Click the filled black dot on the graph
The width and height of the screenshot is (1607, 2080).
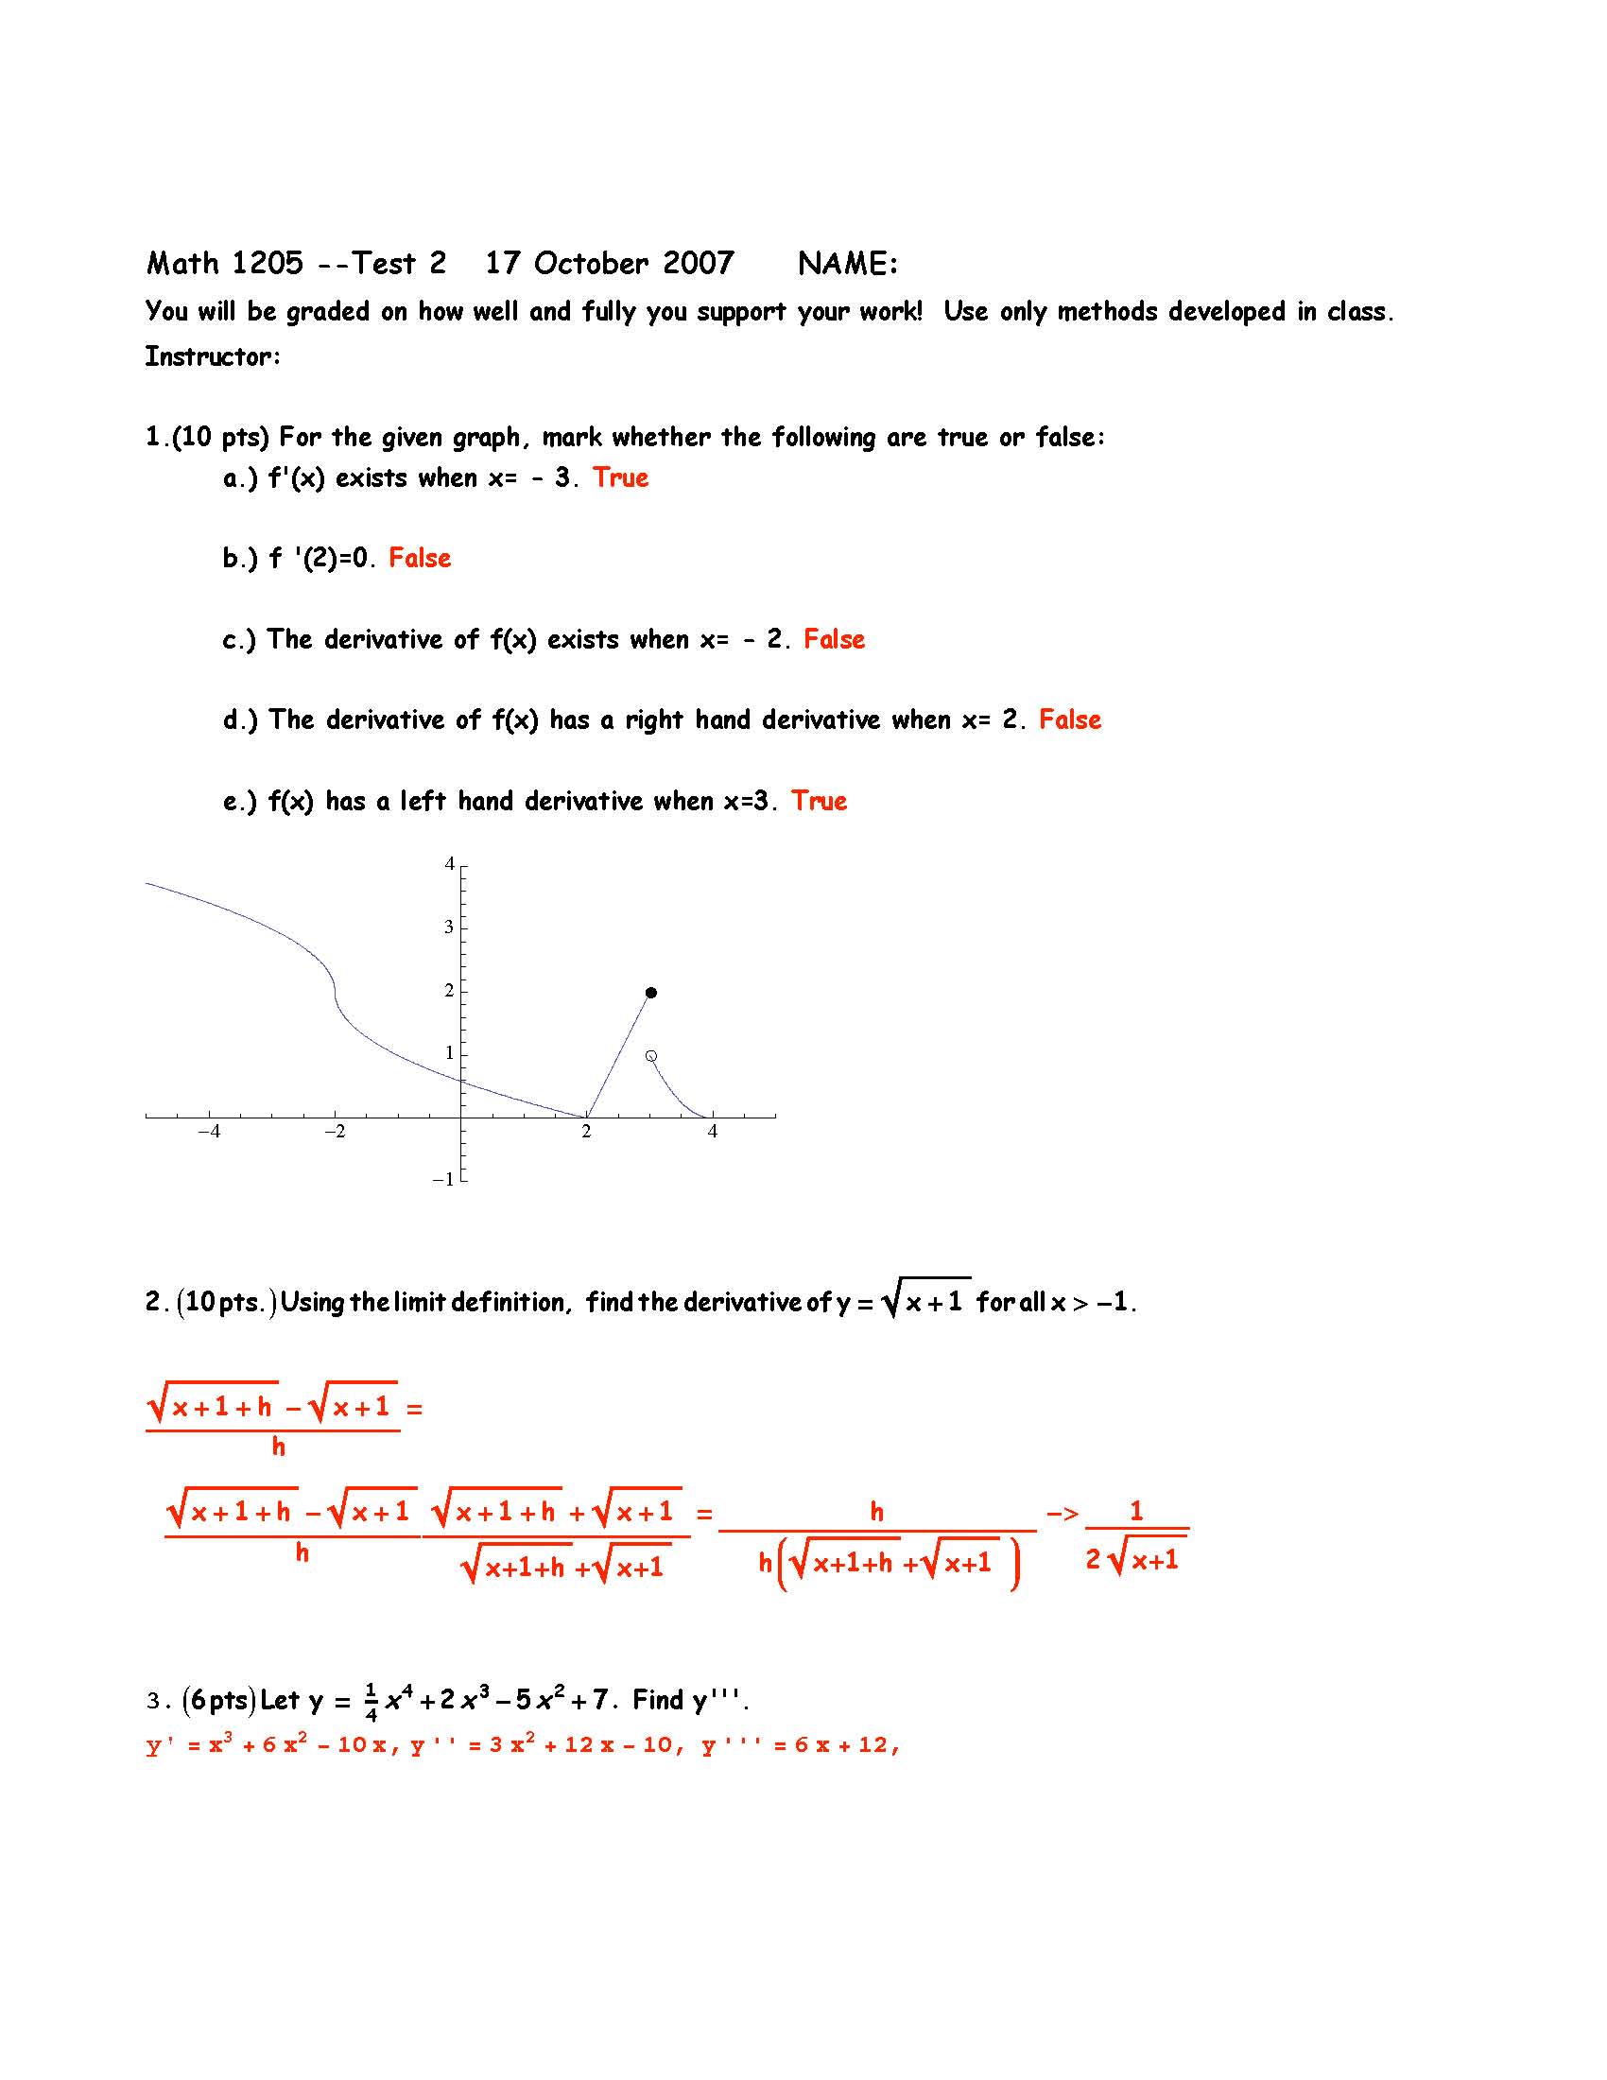(651, 993)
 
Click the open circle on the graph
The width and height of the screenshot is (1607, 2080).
(651, 1056)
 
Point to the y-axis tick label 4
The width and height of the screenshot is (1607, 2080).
(449, 864)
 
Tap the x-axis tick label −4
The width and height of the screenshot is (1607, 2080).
(209, 1133)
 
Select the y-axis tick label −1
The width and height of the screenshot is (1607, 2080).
(442, 1180)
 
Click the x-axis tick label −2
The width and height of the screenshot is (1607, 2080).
(334, 1133)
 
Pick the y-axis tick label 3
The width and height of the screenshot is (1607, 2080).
(449, 927)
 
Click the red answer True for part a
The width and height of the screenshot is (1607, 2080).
(621, 477)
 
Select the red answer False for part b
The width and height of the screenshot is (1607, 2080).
(420, 558)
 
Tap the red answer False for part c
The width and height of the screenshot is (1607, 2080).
(834, 639)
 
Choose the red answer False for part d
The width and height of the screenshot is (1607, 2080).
(1070, 720)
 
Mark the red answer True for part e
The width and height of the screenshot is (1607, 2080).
(819, 801)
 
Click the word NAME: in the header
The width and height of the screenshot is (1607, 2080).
(848, 264)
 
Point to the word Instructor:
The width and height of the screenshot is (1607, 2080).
(213, 356)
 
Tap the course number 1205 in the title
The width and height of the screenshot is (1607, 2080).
(267, 264)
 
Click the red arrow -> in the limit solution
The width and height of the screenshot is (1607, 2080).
(1062, 1513)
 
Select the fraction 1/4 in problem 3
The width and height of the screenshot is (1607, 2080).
(372, 1702)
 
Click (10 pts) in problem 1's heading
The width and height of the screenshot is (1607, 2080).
(221, 437)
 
